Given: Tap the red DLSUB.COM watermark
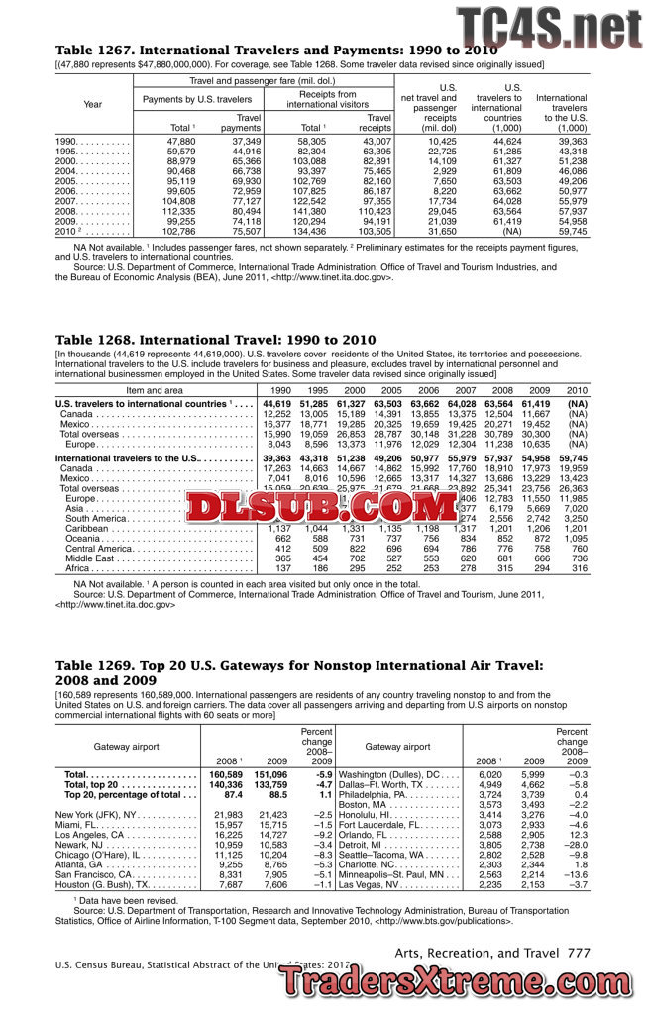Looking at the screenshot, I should point(323,509).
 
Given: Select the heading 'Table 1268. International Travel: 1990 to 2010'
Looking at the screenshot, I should point(215,341).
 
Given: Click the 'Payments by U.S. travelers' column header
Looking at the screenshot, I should point(197,99).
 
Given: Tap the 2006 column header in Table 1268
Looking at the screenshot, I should point(425,391).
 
